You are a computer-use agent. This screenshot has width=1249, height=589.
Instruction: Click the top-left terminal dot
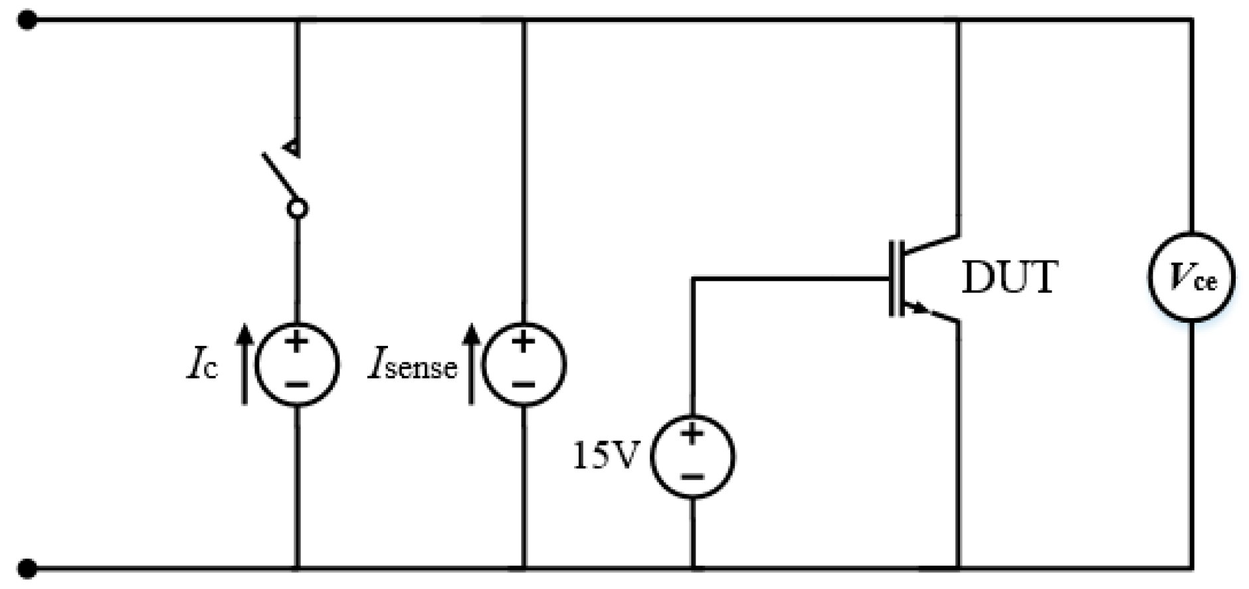pyautogui.click(x=27, y=21)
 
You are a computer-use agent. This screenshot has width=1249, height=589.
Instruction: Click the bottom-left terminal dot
pyautogui.click(x=27, y=568)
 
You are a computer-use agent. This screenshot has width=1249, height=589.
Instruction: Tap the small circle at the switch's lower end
pyautogui.click(x=297, y=209)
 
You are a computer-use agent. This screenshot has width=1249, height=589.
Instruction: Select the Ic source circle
pyautogui.click(x=297, y=365)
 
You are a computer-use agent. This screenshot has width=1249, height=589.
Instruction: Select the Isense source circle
pyautogui.click(x=524, y=365)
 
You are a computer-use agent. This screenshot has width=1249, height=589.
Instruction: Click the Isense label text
pyautogui.click(x=413, y=366)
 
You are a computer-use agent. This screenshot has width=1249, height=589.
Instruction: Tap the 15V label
pyautogui.click(x=605, y=456)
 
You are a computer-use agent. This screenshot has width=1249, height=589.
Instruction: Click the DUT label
pyautogui.click(x=1009, y=278)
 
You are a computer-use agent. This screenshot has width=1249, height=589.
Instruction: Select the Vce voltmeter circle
pyautogui.click(x=1191, y=278)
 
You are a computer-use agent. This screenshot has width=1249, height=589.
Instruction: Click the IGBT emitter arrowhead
pyautogui.click(x=919, y=307)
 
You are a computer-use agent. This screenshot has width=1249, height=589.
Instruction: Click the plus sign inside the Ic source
pyautogui.click(x=297, y=343)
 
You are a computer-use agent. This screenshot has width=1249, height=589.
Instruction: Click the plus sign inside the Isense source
pyautogui.click(x=524, y=343)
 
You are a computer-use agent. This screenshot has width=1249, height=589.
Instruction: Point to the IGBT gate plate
pyautogui.click(x=892, y=278)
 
